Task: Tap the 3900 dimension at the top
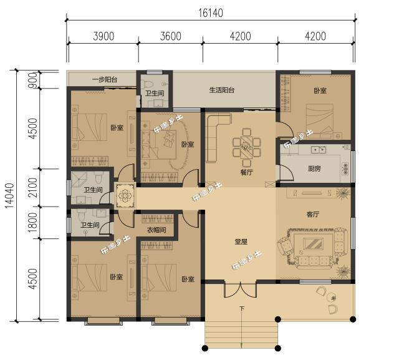pos(103,36)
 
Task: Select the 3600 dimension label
pos(170,36)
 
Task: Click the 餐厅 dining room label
pos(246,172)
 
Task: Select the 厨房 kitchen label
pos(315,168)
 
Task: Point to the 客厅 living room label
pos(313,214)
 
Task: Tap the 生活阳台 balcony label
pos(221,90)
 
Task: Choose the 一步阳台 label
pos(102,80)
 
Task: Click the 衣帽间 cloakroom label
pos(156,231)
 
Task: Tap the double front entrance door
pos(241,291)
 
